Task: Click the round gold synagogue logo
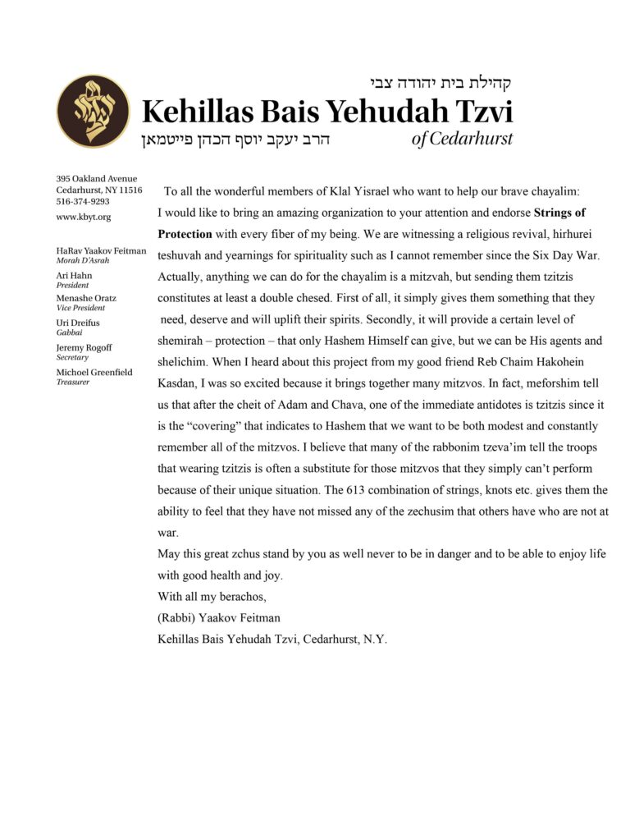tap(94, 111)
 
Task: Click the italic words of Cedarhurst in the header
tap(462, 138)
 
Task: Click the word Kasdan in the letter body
tap(179, 383)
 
